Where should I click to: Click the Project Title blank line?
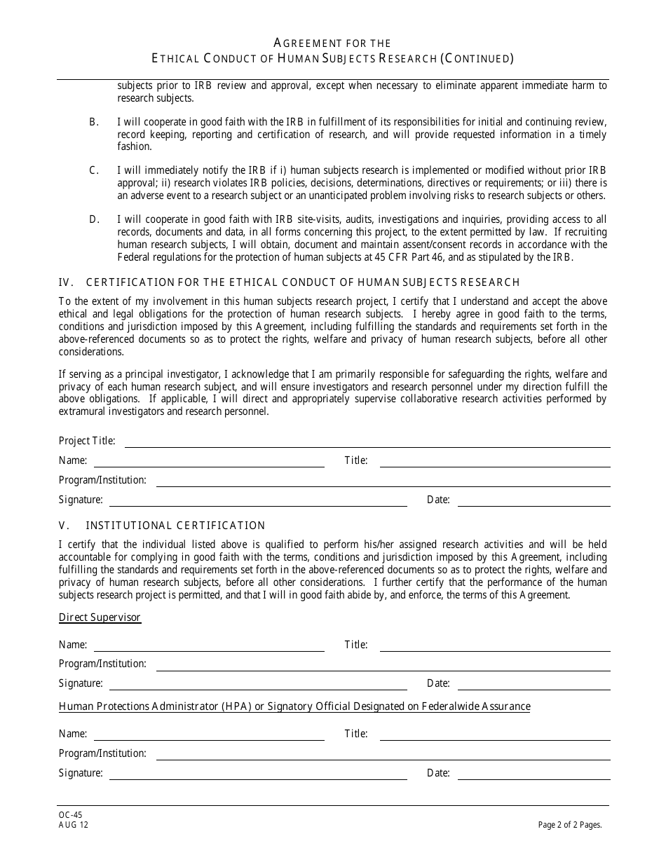pos(367,442)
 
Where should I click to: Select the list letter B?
pos(93,122)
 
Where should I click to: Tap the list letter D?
pos(93,219)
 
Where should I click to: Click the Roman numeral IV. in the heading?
pos(66,282)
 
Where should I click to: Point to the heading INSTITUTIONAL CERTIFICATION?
pos(175,526)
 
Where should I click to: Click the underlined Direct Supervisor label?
pos(100,617)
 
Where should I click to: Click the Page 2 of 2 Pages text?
pos(570,825)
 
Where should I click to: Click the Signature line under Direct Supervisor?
pos(258,685)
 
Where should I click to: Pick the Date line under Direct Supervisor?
pos(534,685)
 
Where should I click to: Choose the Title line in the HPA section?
pos(494,735)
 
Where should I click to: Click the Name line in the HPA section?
pos(209,735)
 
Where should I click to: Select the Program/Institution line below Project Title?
pos(383,481)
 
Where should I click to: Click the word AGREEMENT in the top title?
pos(306,43)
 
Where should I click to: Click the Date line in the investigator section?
pos(534,501)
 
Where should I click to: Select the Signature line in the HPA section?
pos(258,774)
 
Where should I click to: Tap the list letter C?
pos(93,170)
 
